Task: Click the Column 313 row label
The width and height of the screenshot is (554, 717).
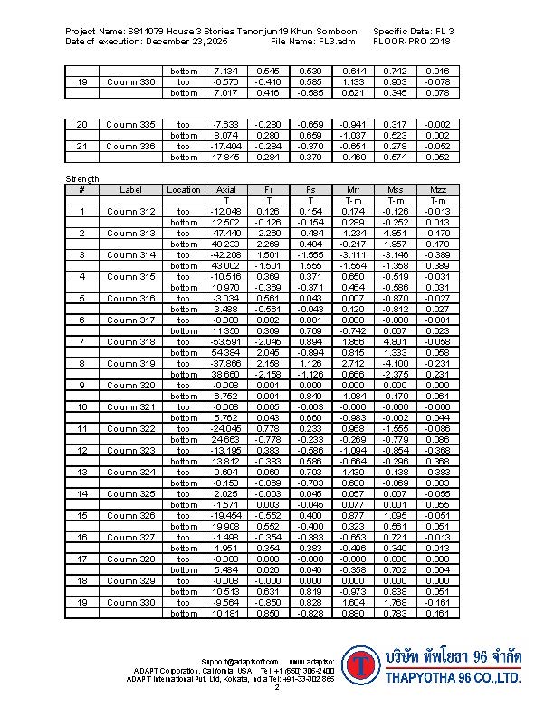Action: click(131, 234)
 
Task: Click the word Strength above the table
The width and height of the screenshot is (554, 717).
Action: click(81, 179)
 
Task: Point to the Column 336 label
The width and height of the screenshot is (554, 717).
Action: click(131, 147)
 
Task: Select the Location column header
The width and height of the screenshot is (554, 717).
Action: click(184, 190)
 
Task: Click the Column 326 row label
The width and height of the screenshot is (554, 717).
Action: click(131, 516)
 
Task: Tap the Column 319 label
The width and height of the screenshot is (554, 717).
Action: click(131, 364)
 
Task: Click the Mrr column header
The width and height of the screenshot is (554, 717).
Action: click(352, 190)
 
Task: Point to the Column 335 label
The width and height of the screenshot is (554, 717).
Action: click(131, 125)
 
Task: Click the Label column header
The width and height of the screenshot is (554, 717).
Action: click(131, 190)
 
